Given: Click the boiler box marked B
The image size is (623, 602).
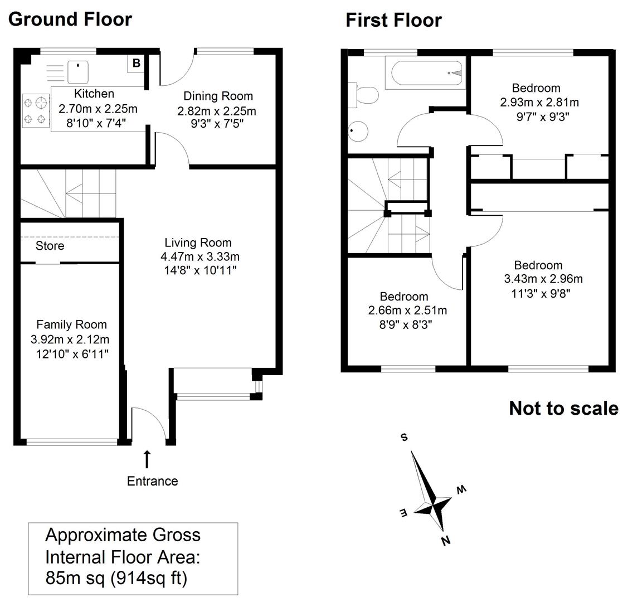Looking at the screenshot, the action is [x=137, y=64].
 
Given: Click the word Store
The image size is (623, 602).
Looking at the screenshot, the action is [x=50, y=246].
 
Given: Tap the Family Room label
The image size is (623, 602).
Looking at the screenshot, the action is [x=71, y=324].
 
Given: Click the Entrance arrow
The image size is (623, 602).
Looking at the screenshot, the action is [x=147, y=459].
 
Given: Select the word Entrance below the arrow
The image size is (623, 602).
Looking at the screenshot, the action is [x=152, y=481].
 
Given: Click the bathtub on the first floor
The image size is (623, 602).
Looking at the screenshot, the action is [x=428, y=73].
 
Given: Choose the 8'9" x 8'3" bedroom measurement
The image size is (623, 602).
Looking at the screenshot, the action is [x=406, y=323].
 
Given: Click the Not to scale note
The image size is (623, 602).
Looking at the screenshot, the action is [x=563, y=408].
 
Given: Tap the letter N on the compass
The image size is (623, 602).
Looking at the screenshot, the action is [x=445, y=540].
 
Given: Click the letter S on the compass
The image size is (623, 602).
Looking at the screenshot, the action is [x=404, y=438].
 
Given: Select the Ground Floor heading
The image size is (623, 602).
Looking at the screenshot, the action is [x=70, y=19].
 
